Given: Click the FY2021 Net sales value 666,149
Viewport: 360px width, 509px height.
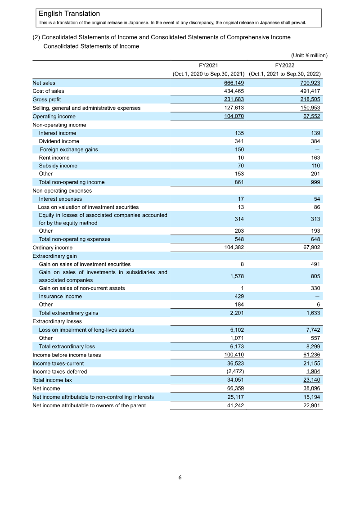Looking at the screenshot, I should tap(234, 83).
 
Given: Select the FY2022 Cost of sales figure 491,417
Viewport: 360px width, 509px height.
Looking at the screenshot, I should tap(310, 91).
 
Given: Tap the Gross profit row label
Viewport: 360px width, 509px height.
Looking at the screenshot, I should tap(47, 99).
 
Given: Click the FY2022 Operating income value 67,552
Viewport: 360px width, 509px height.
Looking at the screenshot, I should tap(311, 116).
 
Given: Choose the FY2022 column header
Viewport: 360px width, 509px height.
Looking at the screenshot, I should tap(284, 65).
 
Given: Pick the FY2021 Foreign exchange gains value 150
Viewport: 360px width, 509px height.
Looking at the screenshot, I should tap(239, 149).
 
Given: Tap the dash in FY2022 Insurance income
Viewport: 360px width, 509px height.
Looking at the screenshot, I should tap(317, 296).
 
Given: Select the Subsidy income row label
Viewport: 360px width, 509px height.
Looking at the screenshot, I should tap(58, 166).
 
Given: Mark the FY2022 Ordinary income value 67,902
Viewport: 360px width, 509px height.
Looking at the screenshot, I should tap(311, 248).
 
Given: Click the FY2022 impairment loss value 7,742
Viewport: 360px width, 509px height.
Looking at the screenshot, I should tap(312, 330).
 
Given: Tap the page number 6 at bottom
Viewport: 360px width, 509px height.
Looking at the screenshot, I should tap(180, 477).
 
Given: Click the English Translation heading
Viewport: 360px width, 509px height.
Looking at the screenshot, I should tap(69, 14).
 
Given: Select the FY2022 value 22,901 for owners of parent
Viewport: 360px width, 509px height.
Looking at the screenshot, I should tap(311, 405).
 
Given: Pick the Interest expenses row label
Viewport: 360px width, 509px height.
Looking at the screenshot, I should tap(60, 199).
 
